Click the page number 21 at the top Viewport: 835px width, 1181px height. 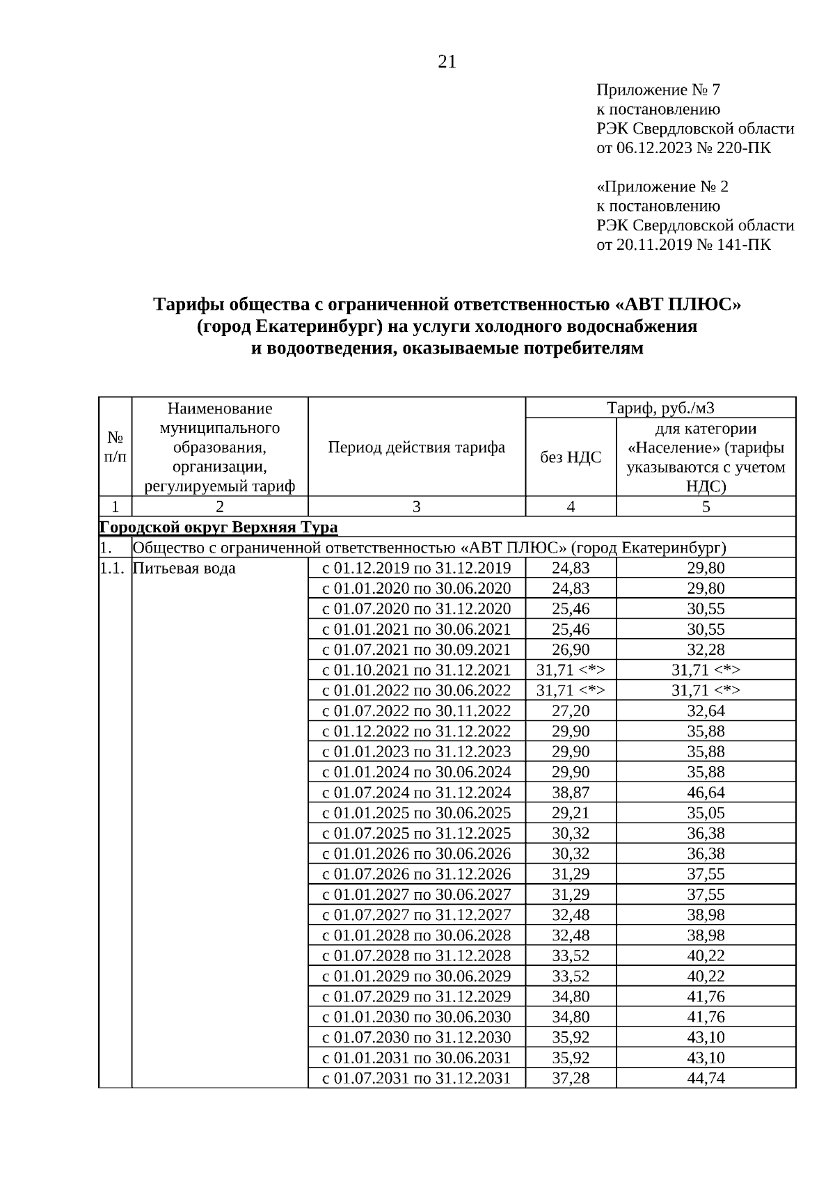point(447,63)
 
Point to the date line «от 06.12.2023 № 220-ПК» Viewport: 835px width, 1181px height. point(683,148)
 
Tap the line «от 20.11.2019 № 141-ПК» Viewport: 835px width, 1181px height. point(683,245)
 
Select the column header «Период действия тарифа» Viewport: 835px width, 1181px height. point(416,447)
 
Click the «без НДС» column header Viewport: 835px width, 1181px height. point(571,457)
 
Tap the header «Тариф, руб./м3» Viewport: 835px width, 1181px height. point(660,408)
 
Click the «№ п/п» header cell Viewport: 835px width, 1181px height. point(116,447)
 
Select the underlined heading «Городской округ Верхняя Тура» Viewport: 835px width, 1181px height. point(218,527)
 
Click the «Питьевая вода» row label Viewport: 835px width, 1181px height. point(184,568)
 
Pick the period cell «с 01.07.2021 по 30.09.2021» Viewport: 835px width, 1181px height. point(416,649)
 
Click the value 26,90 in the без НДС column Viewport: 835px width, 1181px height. point(571,649)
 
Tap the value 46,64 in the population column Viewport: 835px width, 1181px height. point(706,792)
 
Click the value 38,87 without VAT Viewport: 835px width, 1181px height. point(571,792)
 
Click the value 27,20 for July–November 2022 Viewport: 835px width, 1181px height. point(571,711)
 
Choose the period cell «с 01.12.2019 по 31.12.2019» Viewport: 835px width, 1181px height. point(416,568)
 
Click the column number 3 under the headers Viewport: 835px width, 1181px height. point(416,507)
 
